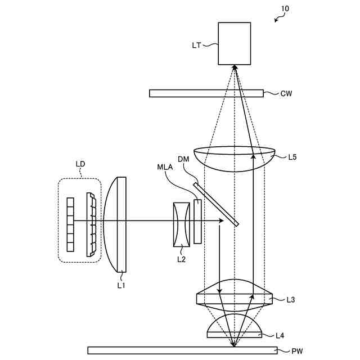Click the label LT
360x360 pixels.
[x=197, y=44]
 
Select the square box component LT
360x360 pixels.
[x=235, y=43]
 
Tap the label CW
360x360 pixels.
[x=286, y=93]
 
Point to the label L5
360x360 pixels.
[x=292, y=157]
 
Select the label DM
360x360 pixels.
[x=184, y=159]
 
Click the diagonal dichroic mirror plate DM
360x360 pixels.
[x=217, y=204]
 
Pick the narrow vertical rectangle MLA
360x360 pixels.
[x=197, y=222]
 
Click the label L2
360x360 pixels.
[x=181, y=259]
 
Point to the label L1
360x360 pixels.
[x=121, y=285]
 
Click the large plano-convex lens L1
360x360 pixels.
[x=117, y=224]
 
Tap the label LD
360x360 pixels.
[x=80, y=164]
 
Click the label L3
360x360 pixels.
[x=290, y=300]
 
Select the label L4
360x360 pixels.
[x=280, y=336]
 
